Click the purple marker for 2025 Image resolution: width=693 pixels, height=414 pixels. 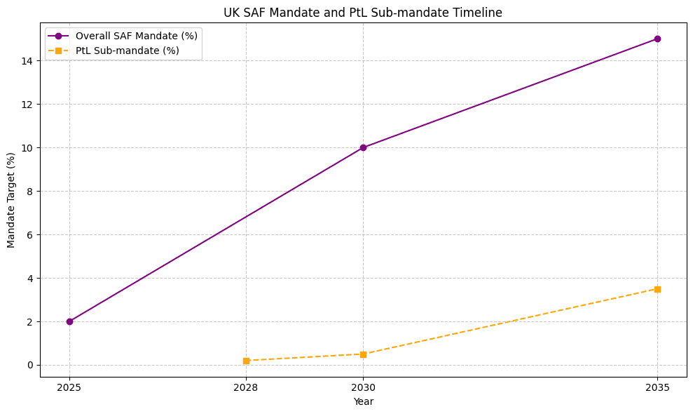tap(69, 321)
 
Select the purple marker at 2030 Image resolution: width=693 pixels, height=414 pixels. tap(363, 147)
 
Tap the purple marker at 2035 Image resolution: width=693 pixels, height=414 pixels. tap(657, 39)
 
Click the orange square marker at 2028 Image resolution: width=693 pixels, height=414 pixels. tap(246, 361)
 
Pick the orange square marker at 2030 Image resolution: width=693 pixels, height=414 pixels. tap(363, 354)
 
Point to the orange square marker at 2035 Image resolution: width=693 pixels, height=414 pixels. tap(657, 289)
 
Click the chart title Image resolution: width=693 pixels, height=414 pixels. tap(363, 13)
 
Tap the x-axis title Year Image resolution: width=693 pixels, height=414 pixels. tap(363, 402)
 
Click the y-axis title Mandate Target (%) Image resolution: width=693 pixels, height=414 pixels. tap(11, 200)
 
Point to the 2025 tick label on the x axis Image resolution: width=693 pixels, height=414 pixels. tap(69, 387)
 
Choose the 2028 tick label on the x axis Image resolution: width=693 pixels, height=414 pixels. tap(246, 387)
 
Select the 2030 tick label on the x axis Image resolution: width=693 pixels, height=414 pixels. tap(363, 387)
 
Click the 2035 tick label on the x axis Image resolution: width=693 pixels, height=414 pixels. tap(657, 387)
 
